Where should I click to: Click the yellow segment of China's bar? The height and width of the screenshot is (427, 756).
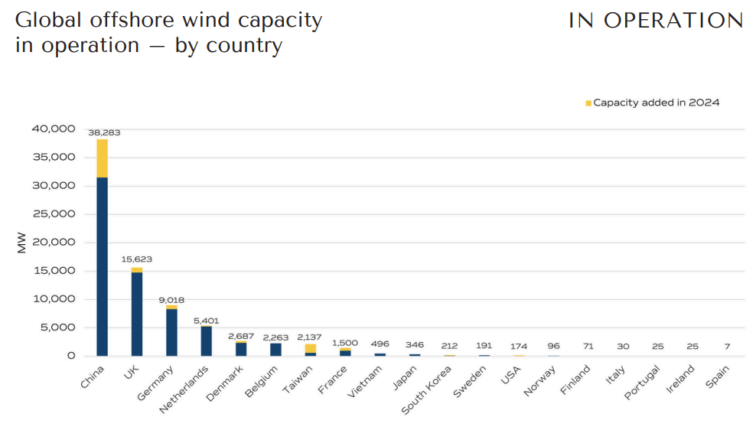coord(102,158)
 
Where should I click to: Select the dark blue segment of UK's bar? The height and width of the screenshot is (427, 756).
coord(137,314)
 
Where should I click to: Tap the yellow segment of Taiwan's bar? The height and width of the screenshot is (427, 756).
coord(311,348)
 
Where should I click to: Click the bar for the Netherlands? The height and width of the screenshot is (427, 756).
coord(207,341)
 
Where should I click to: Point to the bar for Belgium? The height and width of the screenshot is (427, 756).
coord(275,349)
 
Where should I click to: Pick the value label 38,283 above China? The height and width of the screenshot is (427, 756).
coord(104,132)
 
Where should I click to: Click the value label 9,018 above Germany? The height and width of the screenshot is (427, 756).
coord(171,300)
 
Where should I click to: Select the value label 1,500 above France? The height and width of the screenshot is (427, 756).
coord(345,343)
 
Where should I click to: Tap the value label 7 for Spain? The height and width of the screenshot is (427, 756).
coord(727,347)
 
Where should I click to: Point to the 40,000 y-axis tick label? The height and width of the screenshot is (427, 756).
coord(53,129)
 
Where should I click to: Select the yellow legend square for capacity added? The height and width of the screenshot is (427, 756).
coord(588,103)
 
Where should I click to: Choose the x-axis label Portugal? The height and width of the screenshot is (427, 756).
coord(641,382)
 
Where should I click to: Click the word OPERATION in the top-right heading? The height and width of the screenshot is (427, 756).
coord(673,21)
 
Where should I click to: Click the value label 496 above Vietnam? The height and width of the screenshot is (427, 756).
coord(380,344)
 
